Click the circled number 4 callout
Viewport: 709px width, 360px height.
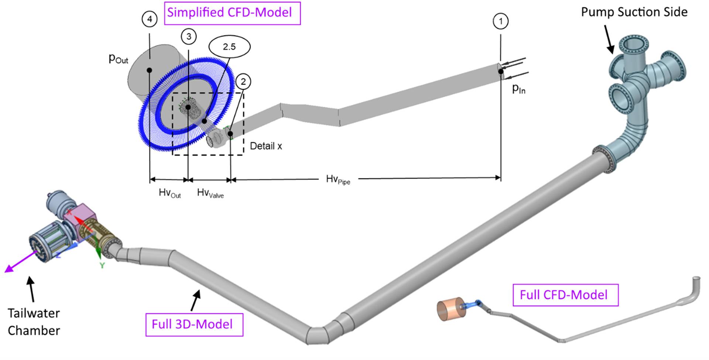click(150, 19)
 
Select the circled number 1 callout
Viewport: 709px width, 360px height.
click(501, 21)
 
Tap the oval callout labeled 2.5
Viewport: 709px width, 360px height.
click(229, 47)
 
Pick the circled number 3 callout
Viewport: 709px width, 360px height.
click(189, 36)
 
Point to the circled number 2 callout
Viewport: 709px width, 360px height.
click(243, 82)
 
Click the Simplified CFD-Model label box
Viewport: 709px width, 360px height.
click(232, 13)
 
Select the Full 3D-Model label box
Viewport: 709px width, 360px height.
click(194, 325)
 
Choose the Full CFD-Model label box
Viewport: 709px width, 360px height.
click(565, 295)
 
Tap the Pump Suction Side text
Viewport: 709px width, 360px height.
click(634, 12)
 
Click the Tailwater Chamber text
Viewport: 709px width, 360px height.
click(34, 322)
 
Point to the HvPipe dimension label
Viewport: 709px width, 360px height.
click(338, 180)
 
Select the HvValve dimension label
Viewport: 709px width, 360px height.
click(210, 193)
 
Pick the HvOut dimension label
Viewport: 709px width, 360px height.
click(170, 193)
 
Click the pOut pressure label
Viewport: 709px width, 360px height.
click(119, 59)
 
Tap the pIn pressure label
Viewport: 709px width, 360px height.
click(519, 89)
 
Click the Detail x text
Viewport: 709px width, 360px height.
click(266, 146)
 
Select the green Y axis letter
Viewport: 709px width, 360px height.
click(102, 265)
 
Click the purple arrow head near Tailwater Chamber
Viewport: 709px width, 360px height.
click(8, 269)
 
